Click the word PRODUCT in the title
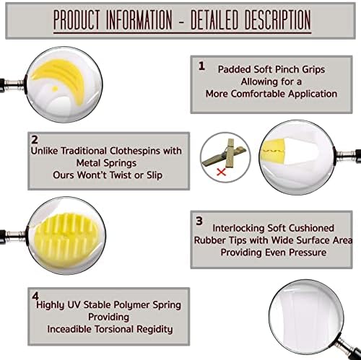[x=77, y=20]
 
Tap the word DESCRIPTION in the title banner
[x=277, y=20]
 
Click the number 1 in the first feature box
[x=201, y=66]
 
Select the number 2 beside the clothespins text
[x=35, y=140]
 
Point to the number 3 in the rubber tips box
[x=199, y=221]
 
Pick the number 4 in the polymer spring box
[x=35, y=296]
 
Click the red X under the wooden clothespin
[x=221, y=172]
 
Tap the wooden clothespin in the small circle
[x=225, y=154]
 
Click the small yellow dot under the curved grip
[x=55, y=89]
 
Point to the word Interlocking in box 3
[x=239, y=228]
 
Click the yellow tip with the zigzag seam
[x=272, y=151]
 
